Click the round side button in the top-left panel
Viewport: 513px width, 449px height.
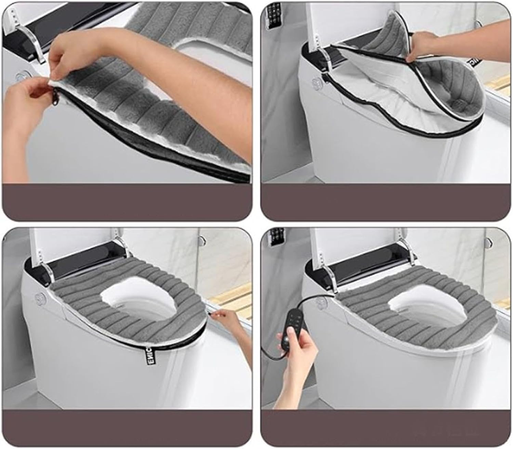coord(25,75)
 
